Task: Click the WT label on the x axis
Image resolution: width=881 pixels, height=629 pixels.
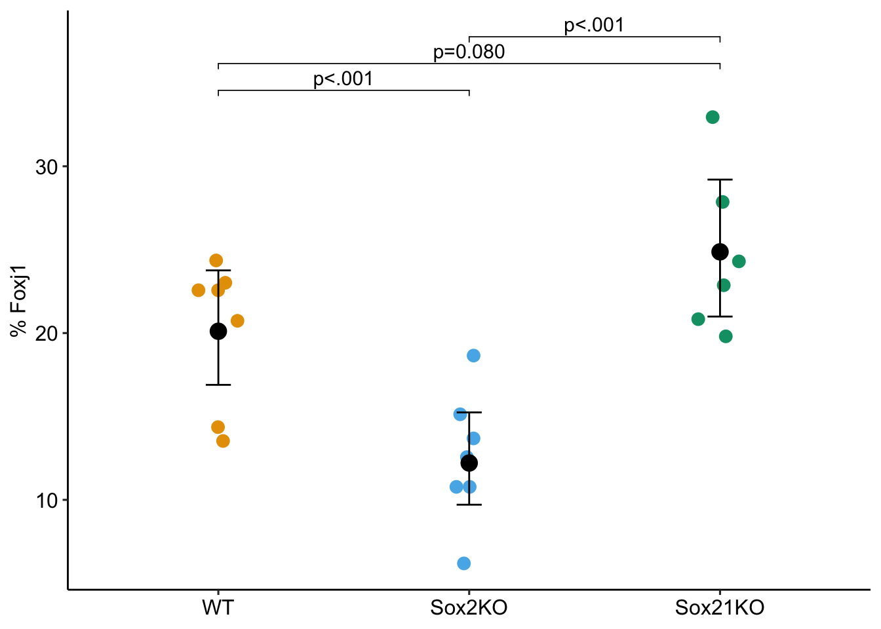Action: tap(218, 608)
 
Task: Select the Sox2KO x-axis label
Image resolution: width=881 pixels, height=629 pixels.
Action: tap(469, 608)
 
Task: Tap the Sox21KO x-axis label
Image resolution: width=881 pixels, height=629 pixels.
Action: tap(720, 608)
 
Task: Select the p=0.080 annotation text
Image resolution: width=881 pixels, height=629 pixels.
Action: tap(469, 52)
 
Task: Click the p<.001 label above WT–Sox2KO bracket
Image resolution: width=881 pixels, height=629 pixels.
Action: tap(343, 79)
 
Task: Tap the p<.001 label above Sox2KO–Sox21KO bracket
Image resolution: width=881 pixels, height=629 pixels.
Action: tap(594, 26)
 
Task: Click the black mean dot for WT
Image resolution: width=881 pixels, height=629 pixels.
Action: tap(218, 332)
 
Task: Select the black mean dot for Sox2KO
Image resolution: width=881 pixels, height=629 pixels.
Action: tap(469, 463)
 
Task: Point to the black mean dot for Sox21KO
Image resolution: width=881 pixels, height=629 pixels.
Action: tap(720, 252)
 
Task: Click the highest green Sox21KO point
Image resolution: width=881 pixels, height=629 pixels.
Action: tap(713, 117)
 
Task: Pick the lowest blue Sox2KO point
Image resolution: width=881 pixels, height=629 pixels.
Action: tap(464, 563)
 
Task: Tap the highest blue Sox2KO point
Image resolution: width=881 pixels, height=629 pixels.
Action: tap(473, 356)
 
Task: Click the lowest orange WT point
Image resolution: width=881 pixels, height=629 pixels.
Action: tap(223, 441)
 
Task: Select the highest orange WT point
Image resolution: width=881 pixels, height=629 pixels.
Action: tap(216, 261)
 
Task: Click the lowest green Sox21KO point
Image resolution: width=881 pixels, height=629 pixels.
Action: tap(726, 337)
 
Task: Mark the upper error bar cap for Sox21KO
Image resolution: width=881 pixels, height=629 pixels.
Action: tap(720, 180)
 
